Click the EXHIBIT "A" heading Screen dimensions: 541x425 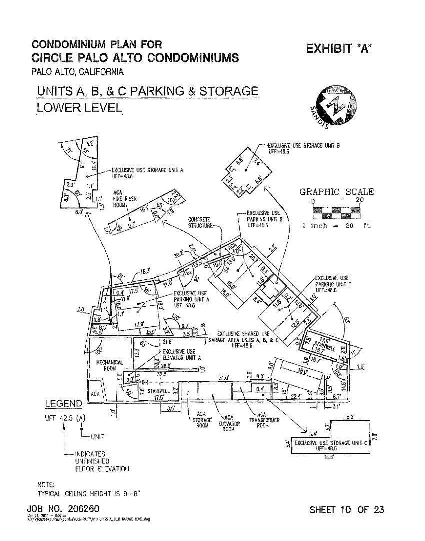point(339,49)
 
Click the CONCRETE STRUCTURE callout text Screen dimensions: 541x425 point(200,222)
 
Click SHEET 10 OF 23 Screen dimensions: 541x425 point(347,510)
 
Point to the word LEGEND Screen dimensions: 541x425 point(64,403)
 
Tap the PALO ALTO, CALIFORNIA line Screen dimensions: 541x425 point(77,72)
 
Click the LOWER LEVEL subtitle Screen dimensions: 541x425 point(79,107)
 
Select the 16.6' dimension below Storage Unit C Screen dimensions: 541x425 point(329,457)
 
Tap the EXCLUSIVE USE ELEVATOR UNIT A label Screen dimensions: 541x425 point(181,355)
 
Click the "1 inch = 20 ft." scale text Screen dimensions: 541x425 point(337,226)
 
